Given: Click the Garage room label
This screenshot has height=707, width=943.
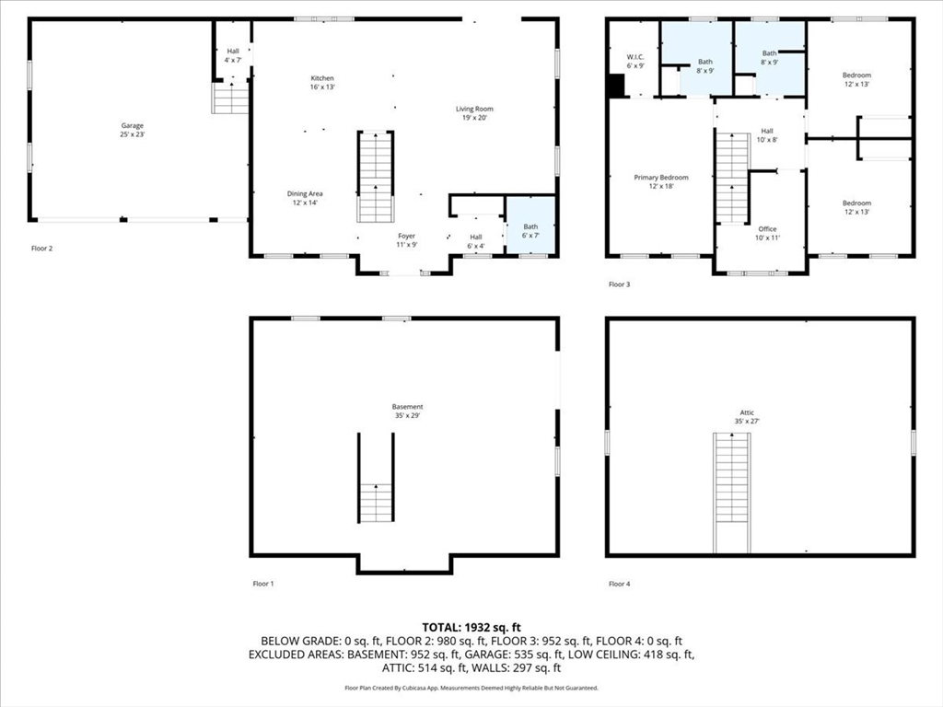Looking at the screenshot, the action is pyautogui.click(x=133, y=130).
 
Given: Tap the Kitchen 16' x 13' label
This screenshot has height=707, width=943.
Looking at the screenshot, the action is pyautogui.click(x=322, y=82).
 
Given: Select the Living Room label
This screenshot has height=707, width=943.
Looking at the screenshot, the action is pyautogui.click(x=474, y=113).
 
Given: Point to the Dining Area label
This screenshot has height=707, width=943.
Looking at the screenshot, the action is pyautogui.click(x=305, y=198).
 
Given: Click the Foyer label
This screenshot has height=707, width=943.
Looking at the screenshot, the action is pyautogui.click(x=406, y=240).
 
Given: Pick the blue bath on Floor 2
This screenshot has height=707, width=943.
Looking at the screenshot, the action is pyautogui.click(x=530, y=226).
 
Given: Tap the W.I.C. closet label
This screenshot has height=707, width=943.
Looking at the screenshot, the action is pyautogui.click(x=635, y=62).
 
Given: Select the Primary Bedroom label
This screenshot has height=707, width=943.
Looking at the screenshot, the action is pyautogui.click(x=661, y=181).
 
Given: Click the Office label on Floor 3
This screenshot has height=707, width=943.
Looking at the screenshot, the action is pyautogui.click(x=767, y=233).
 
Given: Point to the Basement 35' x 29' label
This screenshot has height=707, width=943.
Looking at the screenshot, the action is pyautogui.click(x=407, y=411).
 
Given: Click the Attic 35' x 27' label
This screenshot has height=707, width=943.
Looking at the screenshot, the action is pyautogui.click(x=747, y=417).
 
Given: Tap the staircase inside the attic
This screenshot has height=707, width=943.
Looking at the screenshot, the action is pyautogui.click(x=732, y=493).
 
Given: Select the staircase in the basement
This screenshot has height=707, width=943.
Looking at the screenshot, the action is pyautogui.click(x=377, y=478).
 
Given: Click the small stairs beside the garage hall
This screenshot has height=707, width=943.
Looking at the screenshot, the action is pyautogui.click(x=229, y=98).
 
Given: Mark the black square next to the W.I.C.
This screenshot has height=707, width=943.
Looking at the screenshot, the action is pyautogui.click(x=616, y=85).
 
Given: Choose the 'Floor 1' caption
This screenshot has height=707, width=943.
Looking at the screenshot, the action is pyautogui.click(x=263, y=583).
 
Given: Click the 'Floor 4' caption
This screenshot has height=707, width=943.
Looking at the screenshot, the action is pyautogui.click(x=620, y=583).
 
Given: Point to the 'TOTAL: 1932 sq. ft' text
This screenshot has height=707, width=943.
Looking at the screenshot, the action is pyautogui.click(x=471, y=628).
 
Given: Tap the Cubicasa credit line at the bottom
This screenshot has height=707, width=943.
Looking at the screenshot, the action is pyautogui.click(x=471, y=688).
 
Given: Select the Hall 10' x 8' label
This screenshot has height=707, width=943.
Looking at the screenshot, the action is pyautogui.click(x=767, y=135).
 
